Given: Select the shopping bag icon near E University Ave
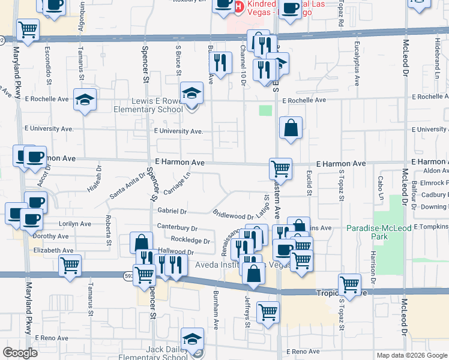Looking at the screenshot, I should point(291,128).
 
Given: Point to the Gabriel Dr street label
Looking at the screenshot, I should point(172,211).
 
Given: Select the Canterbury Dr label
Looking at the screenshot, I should point(177,228).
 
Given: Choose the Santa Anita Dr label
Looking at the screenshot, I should point(127,185).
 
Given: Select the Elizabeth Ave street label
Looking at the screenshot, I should point(53,250).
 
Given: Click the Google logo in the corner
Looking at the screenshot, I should point(20,353).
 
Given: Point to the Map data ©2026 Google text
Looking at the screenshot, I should point(411,355).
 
